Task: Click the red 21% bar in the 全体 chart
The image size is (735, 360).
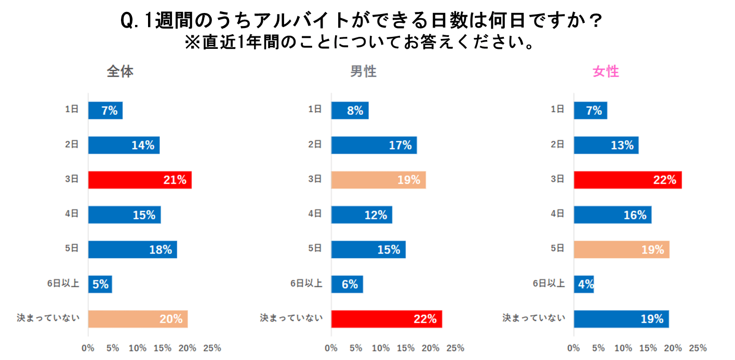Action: (140, 180)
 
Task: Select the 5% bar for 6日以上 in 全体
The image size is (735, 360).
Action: (100, 284)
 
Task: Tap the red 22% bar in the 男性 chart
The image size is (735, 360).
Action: (386, 319)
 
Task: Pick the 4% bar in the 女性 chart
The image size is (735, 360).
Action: (583, 284)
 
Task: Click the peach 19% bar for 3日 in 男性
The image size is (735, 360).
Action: (378, 180)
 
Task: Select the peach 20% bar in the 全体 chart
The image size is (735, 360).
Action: (138, 319)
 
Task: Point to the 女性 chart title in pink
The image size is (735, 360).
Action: (606, 72)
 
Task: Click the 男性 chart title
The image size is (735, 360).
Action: (363, 72)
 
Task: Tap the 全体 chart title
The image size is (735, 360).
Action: (120, 72)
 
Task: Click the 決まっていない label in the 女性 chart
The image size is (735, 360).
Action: (533, 317)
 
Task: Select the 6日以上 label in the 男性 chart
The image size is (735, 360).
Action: (306, 283)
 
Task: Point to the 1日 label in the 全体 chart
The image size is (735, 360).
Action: (72, 109)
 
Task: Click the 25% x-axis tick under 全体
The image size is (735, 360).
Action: (212, 348)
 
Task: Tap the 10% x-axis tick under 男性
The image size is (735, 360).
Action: (381, 348)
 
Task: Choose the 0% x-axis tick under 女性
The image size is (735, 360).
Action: (573, 348)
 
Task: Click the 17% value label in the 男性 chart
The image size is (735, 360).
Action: (400, 145)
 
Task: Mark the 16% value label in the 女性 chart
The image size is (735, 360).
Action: (635, 215)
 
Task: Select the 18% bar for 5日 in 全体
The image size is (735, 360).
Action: (132, 249)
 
